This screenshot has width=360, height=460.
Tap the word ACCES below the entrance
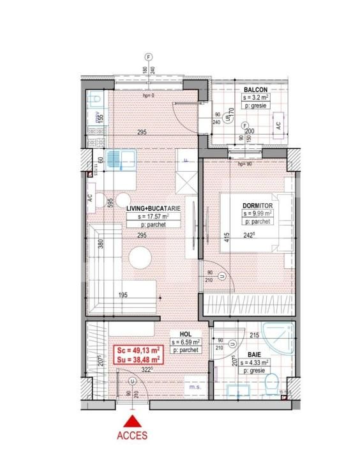pos(133,436)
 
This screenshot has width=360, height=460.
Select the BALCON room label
pos(255,89)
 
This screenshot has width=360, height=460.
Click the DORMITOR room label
pos(257,205)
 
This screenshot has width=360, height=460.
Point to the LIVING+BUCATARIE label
pos(153,208)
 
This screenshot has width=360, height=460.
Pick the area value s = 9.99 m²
pos(257,213)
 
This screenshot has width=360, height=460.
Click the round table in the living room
pos(140,258)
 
